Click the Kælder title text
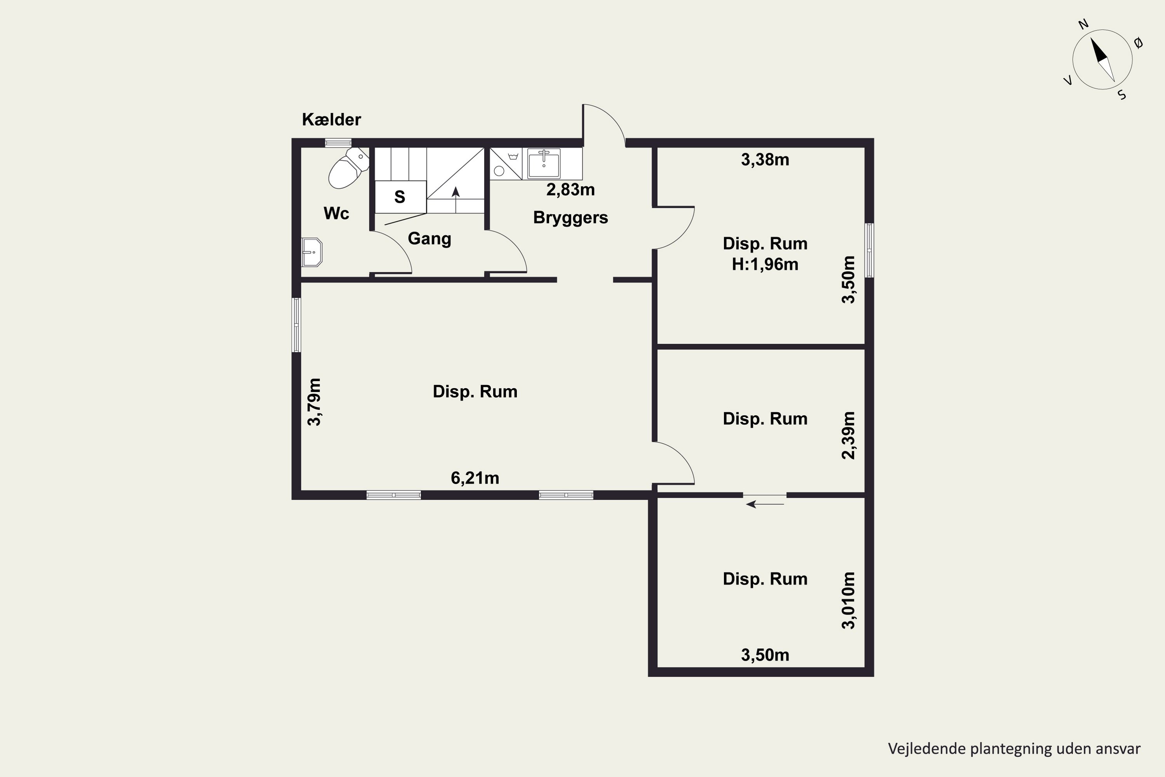(x=331, y=119)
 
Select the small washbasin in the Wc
(x=312, y=252)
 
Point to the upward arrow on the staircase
(x=456, y=200)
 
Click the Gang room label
(x=429, y=239)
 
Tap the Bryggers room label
(x=570, y=218)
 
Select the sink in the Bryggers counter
(x=544, y=163)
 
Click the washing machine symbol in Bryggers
(x=506, y=164)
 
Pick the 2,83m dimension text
(x=570, y=189)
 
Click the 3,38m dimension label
(x=765, y=160)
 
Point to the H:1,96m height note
(x=765, y=265)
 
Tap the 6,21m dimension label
(x=475, y=478)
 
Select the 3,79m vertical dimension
(x=315, y=402)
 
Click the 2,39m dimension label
(x=849, y=436)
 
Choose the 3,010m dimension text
(x=849, y=601)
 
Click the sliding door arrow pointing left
(x=765, y=504)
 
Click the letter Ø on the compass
(x=1138, y=44)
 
